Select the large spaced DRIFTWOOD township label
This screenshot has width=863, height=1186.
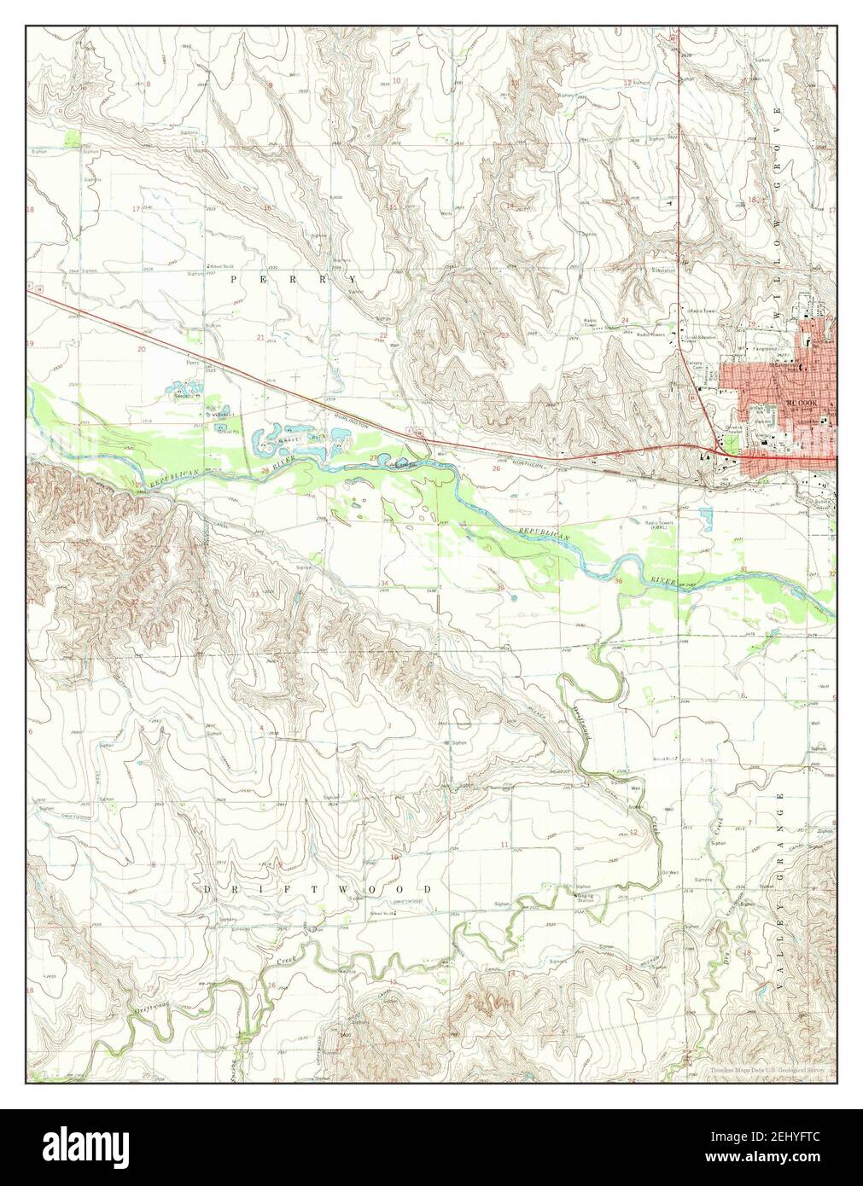coord(318,889)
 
